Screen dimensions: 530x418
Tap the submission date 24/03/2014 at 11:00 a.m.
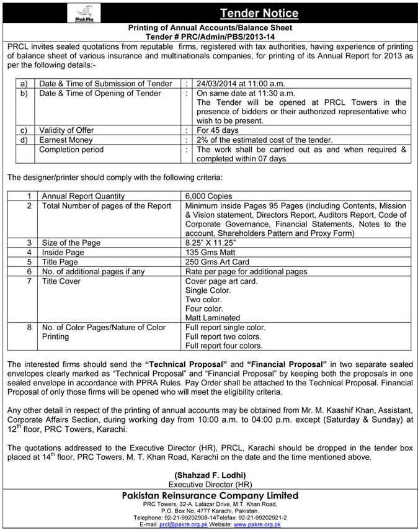click(x=242, y=83)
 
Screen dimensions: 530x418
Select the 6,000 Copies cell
click(x=210, y=196)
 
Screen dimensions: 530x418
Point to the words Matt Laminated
click(x=213, y=317)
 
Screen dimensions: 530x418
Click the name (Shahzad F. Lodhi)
click(x=209, y=475)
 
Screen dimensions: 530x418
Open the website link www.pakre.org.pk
click(x=257, y=524)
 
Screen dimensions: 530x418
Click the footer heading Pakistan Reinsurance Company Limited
click(x=209, y=495)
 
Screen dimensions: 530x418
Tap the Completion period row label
click(x=71, y=150)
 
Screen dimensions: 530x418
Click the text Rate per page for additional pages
click(x=246, y=271)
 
